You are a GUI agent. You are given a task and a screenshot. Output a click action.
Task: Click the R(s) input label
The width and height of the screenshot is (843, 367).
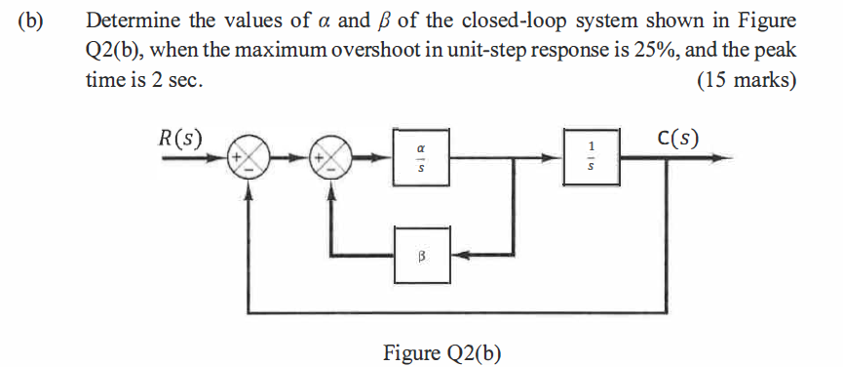coord(179,137)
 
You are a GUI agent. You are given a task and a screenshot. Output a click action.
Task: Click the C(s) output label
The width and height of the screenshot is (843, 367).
coord(676,137)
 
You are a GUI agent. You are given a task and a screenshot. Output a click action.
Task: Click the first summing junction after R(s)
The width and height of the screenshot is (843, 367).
coord(250,158)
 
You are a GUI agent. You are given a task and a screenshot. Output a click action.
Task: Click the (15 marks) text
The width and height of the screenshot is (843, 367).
coord(747,81)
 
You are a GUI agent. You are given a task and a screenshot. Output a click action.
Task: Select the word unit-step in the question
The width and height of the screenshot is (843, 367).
coord(443,51)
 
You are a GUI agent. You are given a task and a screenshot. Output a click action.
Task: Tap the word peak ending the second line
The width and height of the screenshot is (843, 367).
coord(775,51)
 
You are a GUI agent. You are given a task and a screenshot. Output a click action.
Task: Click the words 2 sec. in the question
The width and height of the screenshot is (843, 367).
coord(176,81)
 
